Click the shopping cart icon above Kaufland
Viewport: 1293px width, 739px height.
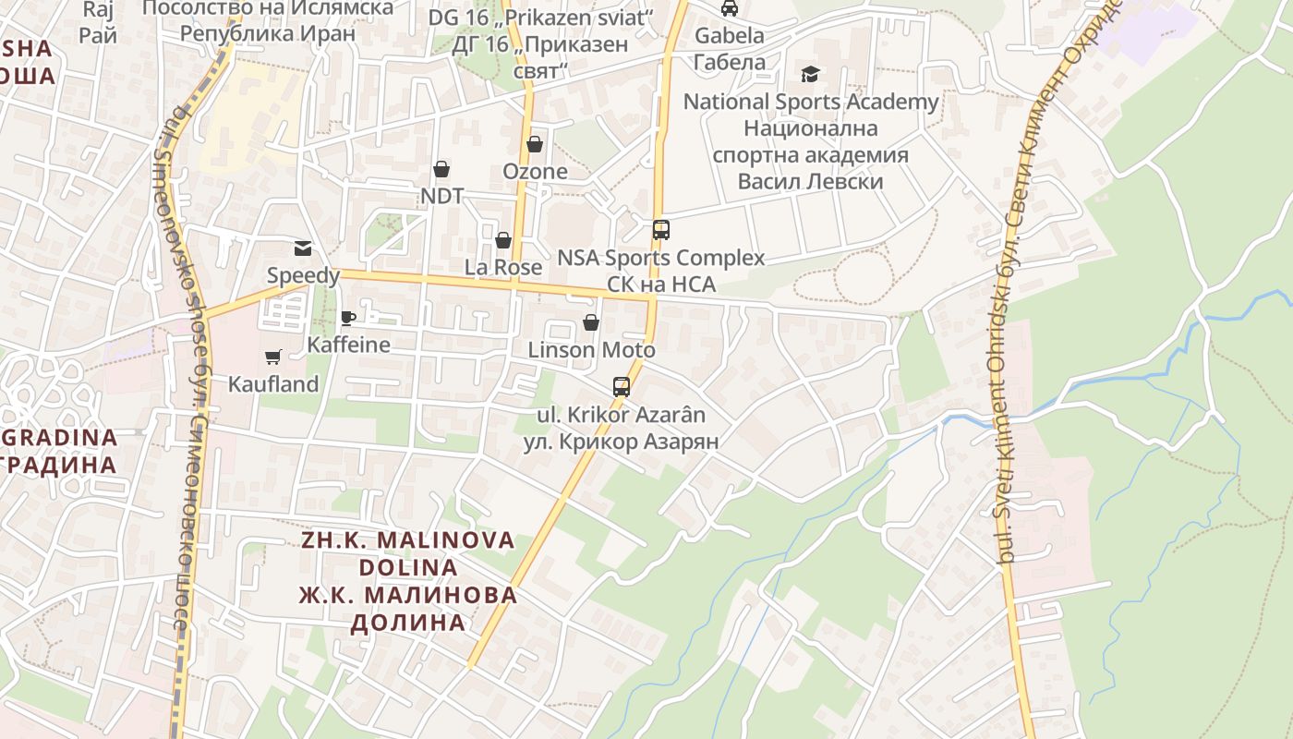[x=272, y=357]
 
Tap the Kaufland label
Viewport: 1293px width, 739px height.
[x=273, y=384]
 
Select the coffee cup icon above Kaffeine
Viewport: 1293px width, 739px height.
[x=348, y=319]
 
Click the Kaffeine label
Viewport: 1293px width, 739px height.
[x=348, y=345]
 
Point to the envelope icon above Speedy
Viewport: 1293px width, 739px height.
[x=303, y=248]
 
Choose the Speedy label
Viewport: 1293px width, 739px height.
[x=303, y=275]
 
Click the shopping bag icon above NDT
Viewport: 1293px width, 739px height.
[x=441, y=169]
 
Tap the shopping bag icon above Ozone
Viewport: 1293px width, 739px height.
[x=535, y=145]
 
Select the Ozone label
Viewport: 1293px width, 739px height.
[x=535, y=172]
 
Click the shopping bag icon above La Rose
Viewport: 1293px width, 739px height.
[x=503, y=241]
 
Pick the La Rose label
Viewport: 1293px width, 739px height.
[x=503, y=268]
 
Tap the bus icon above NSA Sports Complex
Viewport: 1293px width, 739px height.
[x=661, y=230]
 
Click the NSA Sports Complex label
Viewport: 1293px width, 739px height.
[x=661, y=258]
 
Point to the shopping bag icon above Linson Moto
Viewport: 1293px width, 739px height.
[x=591, y=322]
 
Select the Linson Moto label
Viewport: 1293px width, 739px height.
[x=591, y=350]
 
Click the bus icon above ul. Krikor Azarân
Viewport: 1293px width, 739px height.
[x=622, y=387]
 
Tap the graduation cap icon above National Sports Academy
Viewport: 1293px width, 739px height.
[x=810, y=74]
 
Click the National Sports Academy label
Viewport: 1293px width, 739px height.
[x=810, y=102]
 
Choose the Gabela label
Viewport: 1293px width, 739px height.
[x=730, y=36]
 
